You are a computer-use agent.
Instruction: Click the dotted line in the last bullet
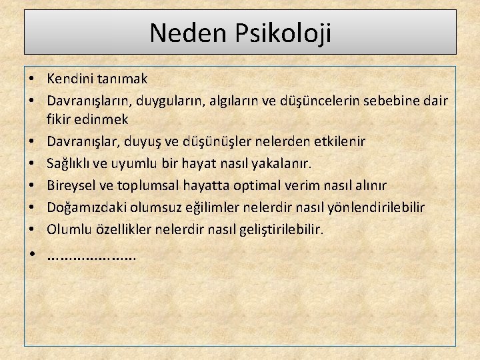[91, 254]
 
